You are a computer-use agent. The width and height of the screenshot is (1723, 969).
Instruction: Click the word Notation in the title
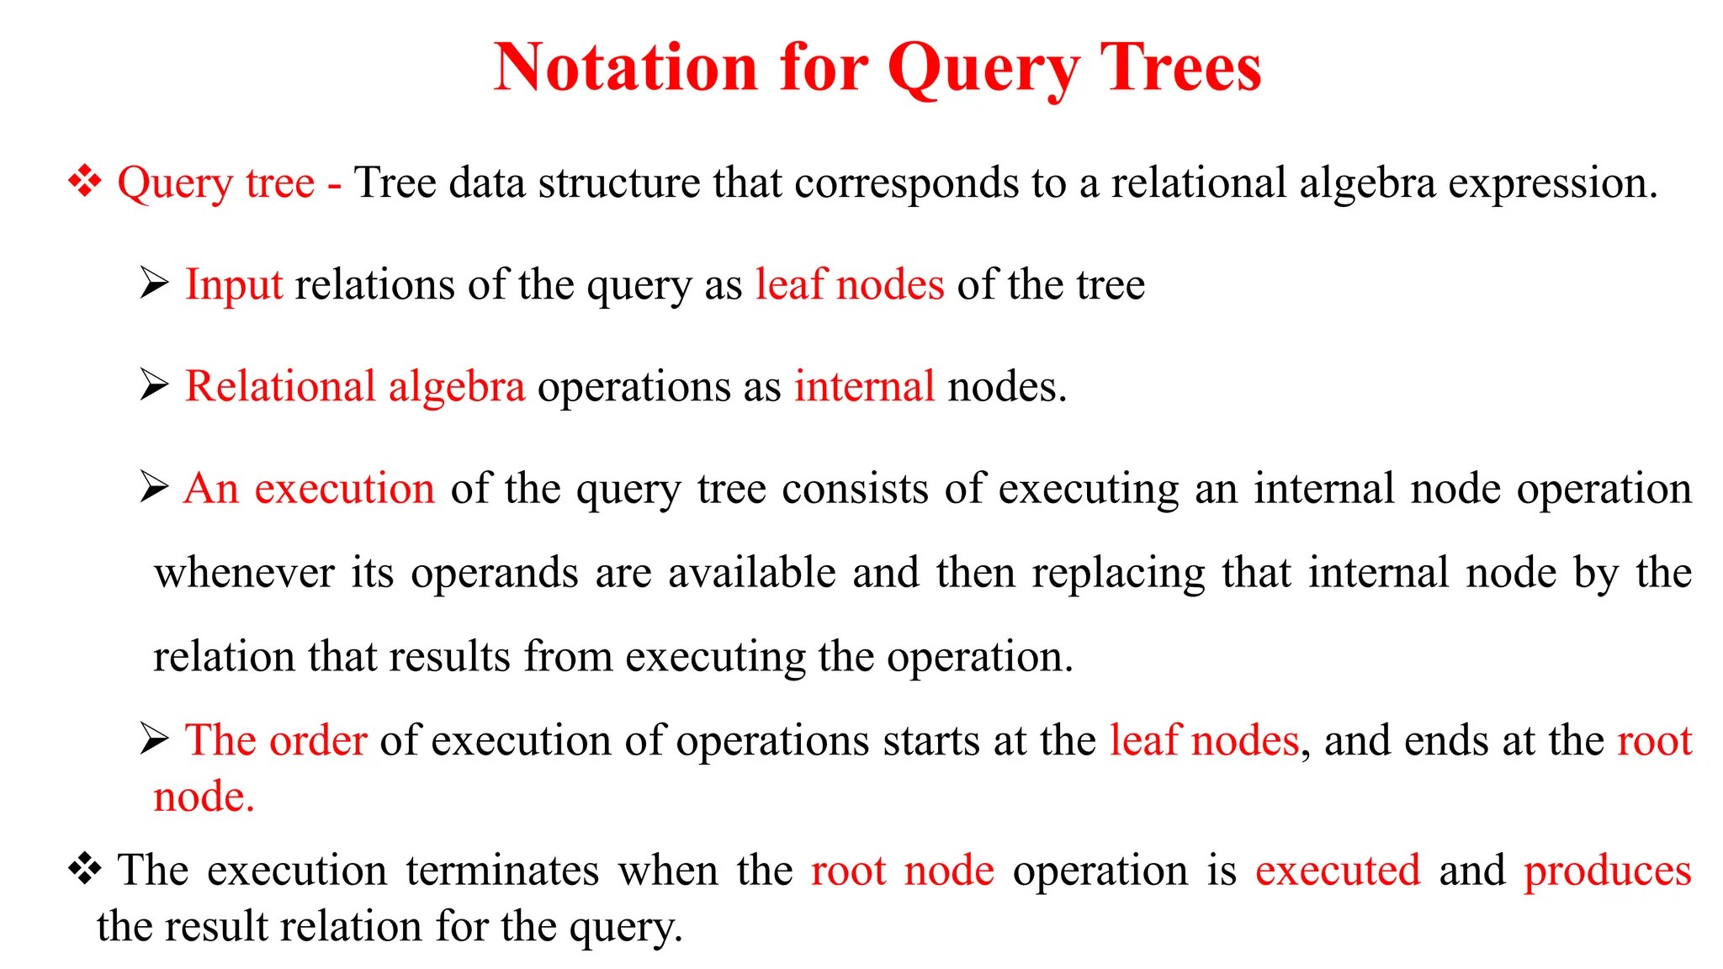point(626,67)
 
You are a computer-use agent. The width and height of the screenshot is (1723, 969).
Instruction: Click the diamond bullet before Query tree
point(85,182)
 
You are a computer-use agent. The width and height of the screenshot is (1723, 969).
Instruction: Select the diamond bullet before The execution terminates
point(85,869)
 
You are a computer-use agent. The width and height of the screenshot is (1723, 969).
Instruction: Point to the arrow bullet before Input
point(155,283)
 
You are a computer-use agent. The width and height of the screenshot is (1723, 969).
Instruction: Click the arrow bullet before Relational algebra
point(155,385)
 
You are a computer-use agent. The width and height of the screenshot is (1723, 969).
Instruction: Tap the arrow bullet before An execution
point(155,487)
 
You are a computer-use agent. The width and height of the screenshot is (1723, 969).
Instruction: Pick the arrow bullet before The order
point(155,739)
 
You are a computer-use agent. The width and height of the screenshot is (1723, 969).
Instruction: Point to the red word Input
point(234,284)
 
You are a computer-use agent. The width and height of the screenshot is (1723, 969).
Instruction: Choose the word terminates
point(502,870)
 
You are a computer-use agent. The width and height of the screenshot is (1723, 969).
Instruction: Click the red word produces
point(1607,871)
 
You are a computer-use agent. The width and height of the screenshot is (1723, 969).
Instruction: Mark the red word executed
point(1338,870)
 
